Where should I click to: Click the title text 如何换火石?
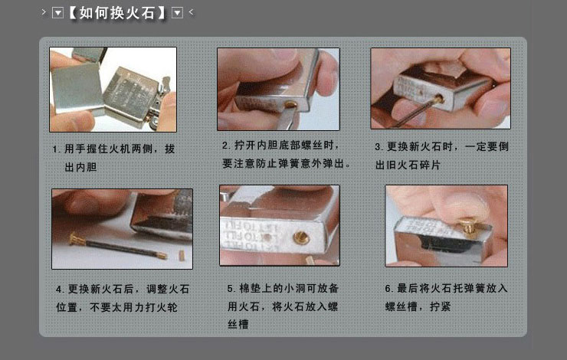[119, 12]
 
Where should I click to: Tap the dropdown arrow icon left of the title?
[57, 12]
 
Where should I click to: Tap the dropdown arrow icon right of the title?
[178, 12]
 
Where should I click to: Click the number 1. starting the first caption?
[56, 149]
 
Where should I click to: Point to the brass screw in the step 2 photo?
[292, 103]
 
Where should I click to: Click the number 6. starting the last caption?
[388, 289]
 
